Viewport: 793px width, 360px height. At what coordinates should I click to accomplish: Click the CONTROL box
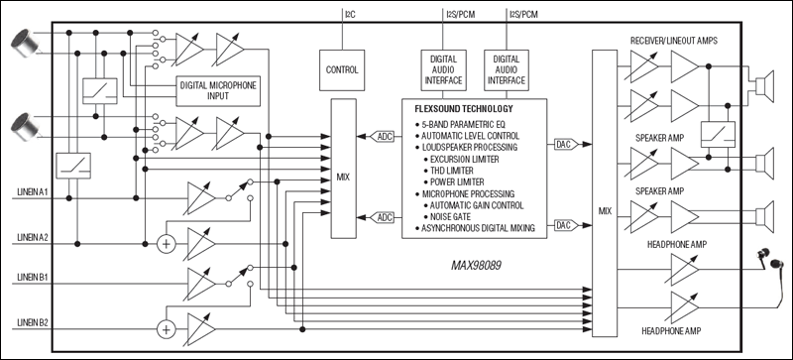(341, 70)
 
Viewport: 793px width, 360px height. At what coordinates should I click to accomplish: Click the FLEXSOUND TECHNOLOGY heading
(464, 106)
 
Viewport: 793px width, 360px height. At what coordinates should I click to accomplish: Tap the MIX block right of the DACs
(605, 210)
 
